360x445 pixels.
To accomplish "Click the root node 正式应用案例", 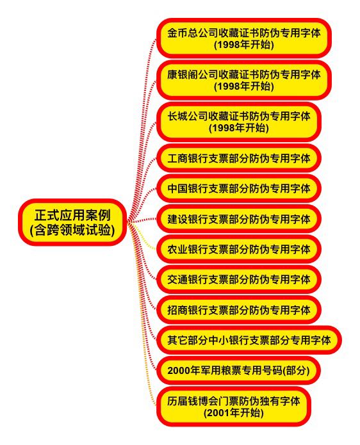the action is pos(72,223).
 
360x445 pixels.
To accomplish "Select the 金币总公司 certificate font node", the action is pos(244,38).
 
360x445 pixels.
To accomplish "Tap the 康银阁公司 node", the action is pos(244,80).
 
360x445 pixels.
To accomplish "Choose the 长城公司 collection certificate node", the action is pos(239,122).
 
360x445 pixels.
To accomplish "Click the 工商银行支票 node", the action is pos(239,158).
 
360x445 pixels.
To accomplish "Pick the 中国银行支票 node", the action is pos(239,188).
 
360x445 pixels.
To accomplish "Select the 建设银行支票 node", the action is pos(239,219).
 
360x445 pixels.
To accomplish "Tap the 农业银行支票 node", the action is pos(239,249).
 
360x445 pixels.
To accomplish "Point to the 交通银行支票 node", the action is pos(239,280).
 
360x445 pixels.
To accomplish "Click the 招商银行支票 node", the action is pos(239,310).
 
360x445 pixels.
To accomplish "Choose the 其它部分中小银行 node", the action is pos(249,340).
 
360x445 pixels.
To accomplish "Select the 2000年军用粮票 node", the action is pos(238,370).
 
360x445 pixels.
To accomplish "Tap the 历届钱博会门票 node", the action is pos(234,407).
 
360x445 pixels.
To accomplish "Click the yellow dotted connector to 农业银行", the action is pos(143,236).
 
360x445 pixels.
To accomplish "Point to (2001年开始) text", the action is pos(233,412).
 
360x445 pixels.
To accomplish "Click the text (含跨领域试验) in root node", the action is pos(72,230).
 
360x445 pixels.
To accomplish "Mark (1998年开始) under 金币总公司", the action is pos(244,45).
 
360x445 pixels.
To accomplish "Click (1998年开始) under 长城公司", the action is pos(239,128).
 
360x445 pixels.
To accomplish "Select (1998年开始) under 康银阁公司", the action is pos(244,86).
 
